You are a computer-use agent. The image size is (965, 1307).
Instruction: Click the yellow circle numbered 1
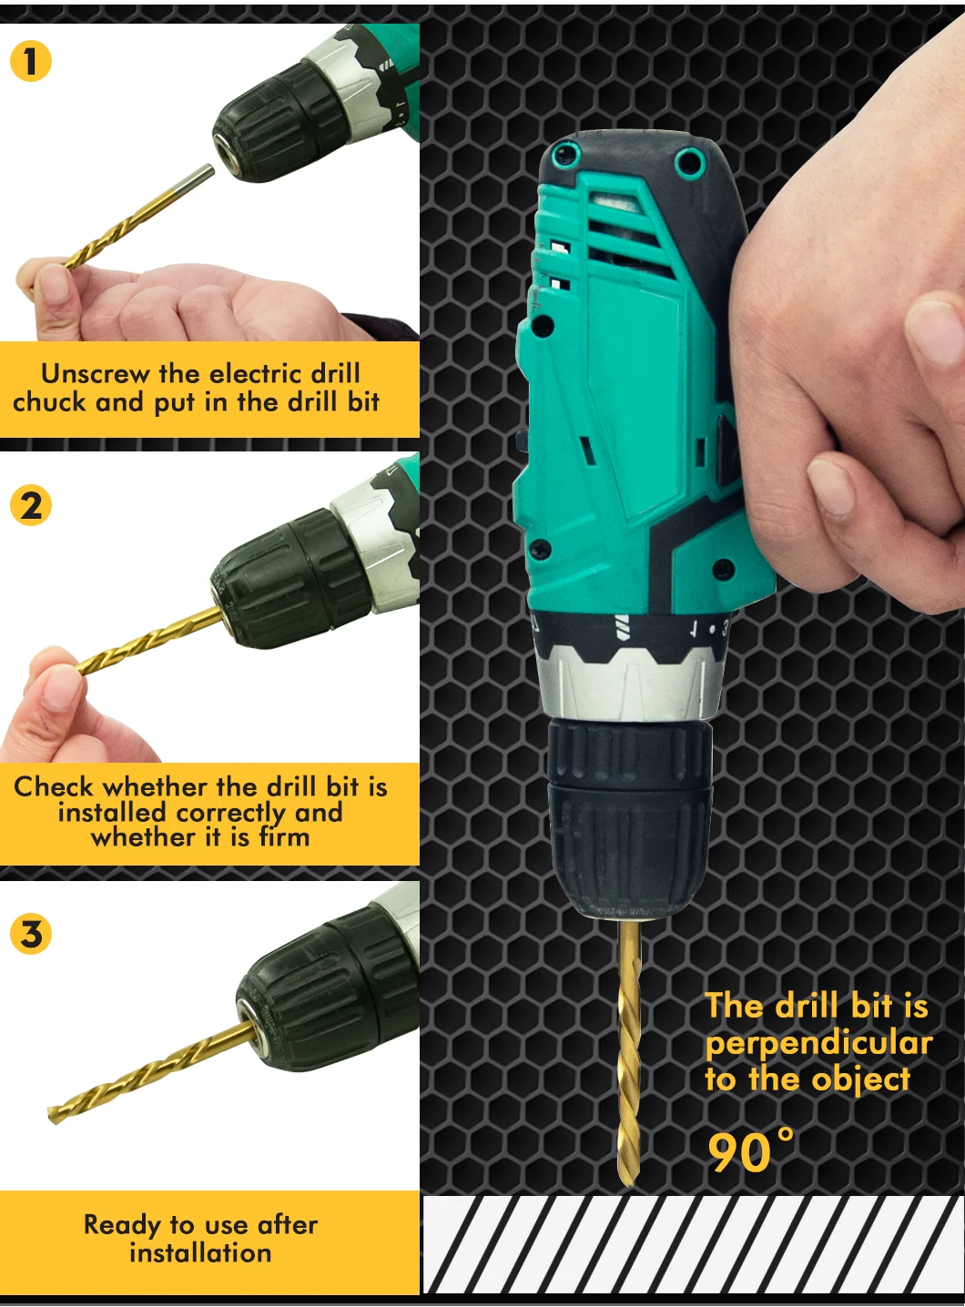pyautogui.click(x=31, y=60)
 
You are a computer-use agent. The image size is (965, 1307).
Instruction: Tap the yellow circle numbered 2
pyautogui.click(x=31, y=505)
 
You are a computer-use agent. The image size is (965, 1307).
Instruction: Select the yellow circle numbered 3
pyautogui.click(x=31, y=933)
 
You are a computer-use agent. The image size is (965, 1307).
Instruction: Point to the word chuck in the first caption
pyautogui.click(x=49, y=402)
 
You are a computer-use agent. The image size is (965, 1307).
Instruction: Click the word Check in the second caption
pyautogui.click(x=52, y=786)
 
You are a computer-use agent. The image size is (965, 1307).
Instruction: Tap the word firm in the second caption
pyautogui.click(x=284, y=836)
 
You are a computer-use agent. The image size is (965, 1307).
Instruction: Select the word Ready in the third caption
pyautogui.click(x=122, y=1225)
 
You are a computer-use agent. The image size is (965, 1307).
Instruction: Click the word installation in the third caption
pyautogui.click(x=200, y=1253)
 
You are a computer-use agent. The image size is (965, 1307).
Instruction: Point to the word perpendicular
pyautogui.click(x=818, y=1045)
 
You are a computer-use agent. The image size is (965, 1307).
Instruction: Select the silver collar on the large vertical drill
pyautogui.click(x=631, y=684)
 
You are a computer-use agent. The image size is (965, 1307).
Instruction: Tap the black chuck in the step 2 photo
pyautogui.click(x=289, y=577)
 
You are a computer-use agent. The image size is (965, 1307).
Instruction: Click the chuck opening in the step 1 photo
pyautogui.click(x=227, y=150)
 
